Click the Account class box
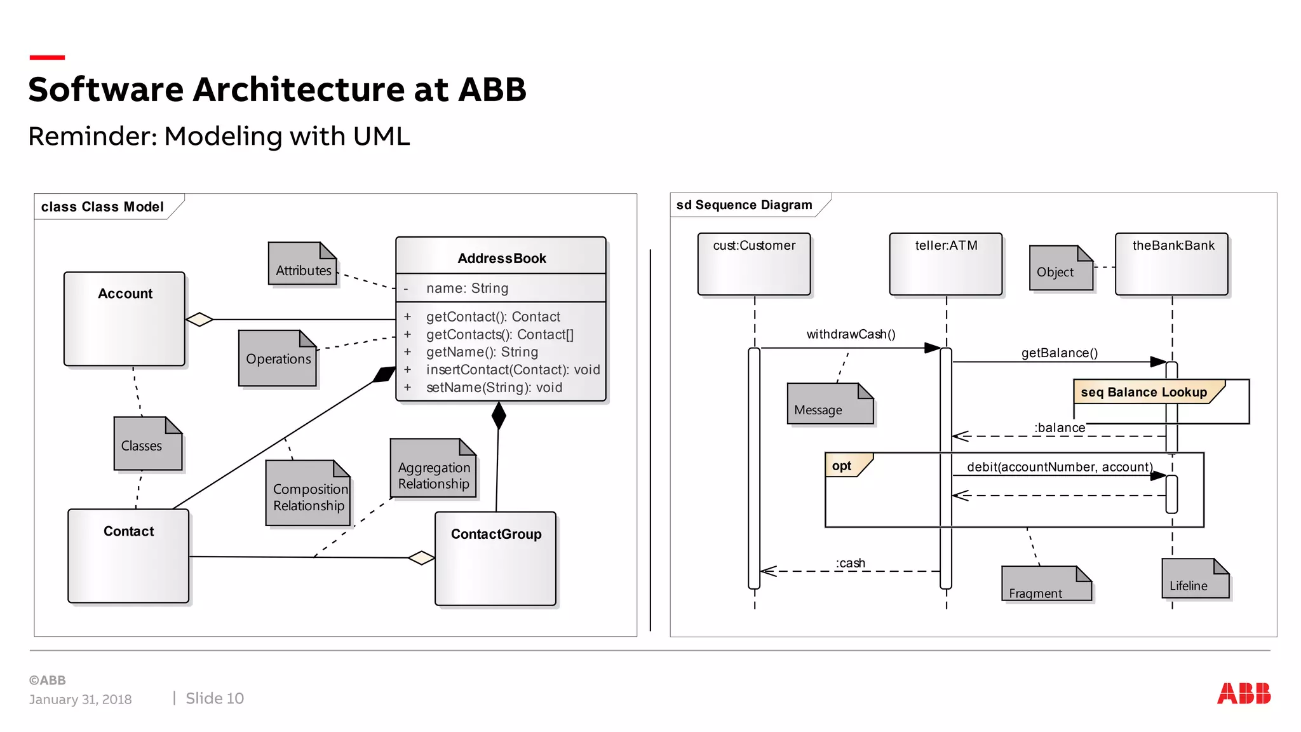(125, 319)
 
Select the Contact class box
(128, 555)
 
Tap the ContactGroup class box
(495, 559)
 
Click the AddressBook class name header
(501, 258)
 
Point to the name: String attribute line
(467, 288)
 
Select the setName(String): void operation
(494, 388)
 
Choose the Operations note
(278, 359)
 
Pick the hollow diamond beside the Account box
(199, 319)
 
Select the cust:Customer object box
(754, 264)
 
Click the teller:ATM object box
(946, 264)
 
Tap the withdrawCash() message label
(851, 334)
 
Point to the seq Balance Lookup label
(1143, 392)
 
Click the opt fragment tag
(842, 466)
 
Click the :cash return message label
(850, 563)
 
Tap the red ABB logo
(1243, 693)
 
